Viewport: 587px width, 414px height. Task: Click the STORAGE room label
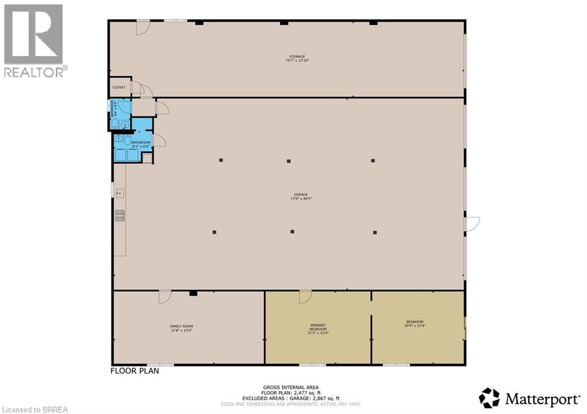(297, 57)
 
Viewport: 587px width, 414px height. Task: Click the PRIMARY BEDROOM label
(318, 328)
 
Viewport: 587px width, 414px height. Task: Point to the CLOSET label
(119, 88)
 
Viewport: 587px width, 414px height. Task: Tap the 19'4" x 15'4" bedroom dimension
(415, 326)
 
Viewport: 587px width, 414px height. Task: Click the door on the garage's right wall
(472, 224)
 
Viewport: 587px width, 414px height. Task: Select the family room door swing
(165, 297)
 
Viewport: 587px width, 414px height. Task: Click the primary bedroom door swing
(304, 297)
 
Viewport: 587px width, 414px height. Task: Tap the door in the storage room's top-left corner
(143, 27)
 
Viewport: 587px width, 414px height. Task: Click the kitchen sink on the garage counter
(121, 192)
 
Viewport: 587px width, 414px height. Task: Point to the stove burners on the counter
(121, 215)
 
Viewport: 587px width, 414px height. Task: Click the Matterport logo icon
(489, 397)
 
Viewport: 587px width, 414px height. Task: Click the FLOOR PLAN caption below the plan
(134, 371)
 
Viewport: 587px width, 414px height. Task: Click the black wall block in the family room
(193, 294)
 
